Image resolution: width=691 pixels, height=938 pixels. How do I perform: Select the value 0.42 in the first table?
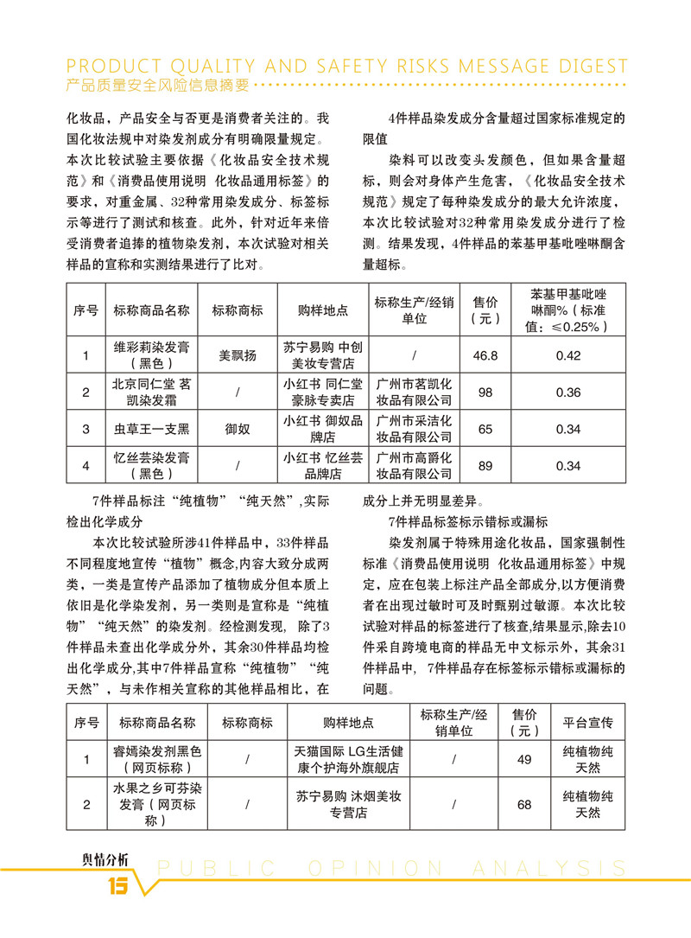[x=567, y=355]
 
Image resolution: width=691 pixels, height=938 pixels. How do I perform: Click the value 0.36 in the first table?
[x=567, y=392]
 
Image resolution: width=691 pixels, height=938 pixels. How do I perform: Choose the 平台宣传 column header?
[x=588, y=723]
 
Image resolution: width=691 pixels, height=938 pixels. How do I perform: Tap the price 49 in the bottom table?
[x=523, y=760]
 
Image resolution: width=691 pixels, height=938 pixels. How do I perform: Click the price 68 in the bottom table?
[x=523, y=805]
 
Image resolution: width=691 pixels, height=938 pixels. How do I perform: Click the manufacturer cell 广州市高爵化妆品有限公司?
[x=415, y=466]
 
